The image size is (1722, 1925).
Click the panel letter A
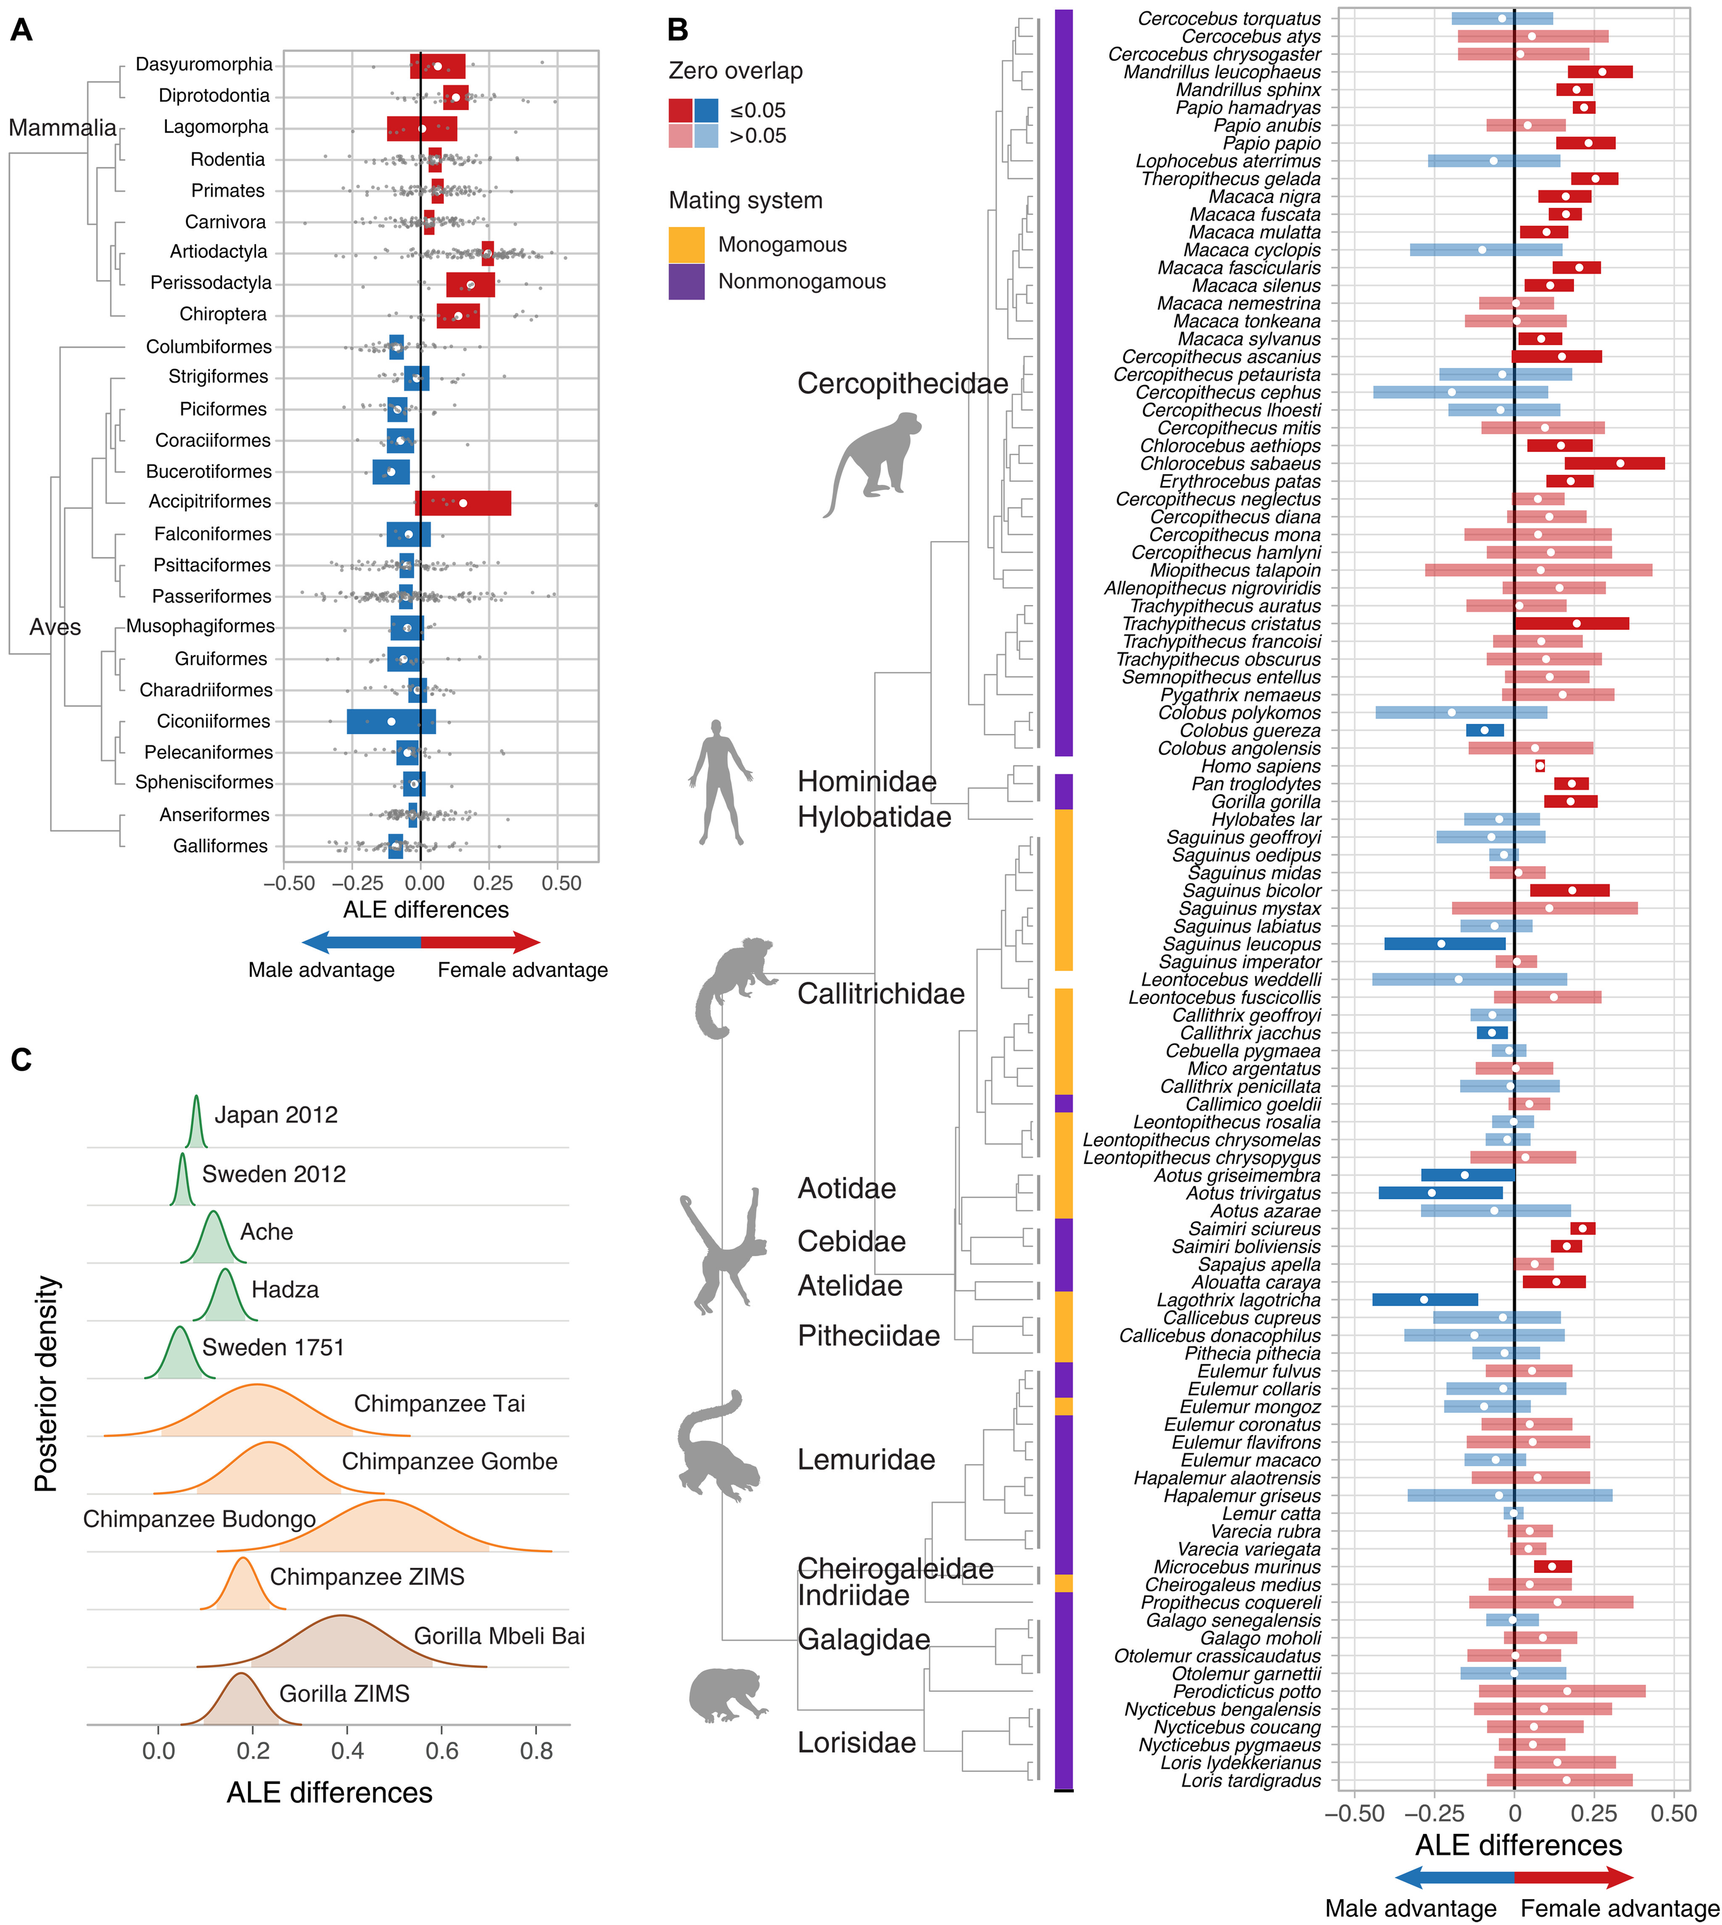point(21,30)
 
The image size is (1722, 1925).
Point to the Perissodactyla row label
point(211,283)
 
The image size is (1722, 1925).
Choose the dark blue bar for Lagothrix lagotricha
point(1424,1300)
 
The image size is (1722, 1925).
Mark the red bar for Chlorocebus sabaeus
point(1614,463)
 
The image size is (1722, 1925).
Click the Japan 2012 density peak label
point(275,1115)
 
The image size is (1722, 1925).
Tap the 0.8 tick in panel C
point(536,1751)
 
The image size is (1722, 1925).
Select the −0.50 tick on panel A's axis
point(288,884)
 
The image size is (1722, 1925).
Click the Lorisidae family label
point(856,1742)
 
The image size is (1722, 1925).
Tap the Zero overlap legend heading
point(735,71)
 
